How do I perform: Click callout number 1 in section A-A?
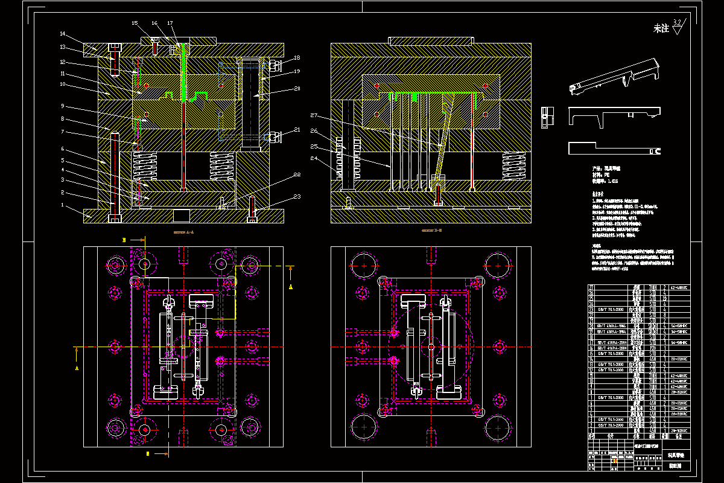click(62, 206)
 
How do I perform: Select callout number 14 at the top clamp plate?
click(63, 33)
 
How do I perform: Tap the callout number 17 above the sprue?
click(171, 24)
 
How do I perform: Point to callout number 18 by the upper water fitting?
click(296, 58)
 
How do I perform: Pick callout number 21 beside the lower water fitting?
click(296, 130)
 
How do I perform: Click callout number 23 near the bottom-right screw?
click(296, 196)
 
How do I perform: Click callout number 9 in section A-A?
click(62, 106)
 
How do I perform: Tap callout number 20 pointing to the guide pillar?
click(296, 88)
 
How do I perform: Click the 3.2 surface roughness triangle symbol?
click(676, 27)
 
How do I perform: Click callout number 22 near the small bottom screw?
click(296, 175)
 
